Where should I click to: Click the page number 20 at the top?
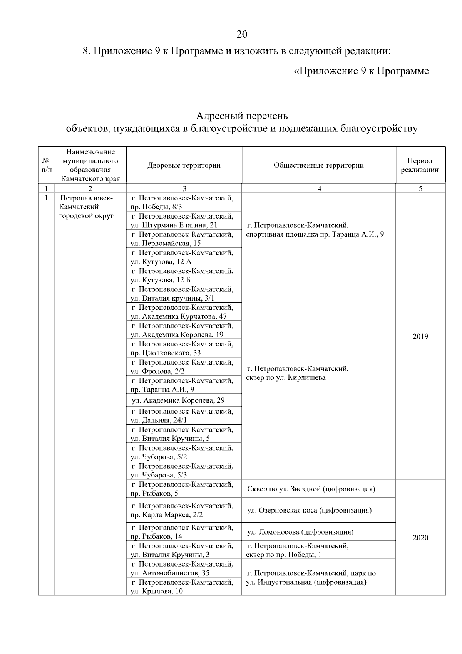click(x=242, y=34)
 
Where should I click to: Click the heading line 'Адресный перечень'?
click(x=242, y=116)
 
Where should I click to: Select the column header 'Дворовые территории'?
click(x=184, y=165)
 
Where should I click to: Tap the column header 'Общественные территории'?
click(x=318, y=165)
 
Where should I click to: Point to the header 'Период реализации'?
click(x=420, y=165)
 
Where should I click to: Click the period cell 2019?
click(x=420, y=336)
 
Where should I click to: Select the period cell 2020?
click(x=420, y=538)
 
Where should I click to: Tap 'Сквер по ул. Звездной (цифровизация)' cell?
click(x=311, y=489)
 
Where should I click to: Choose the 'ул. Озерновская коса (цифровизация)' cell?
click(x=309, y=510)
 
